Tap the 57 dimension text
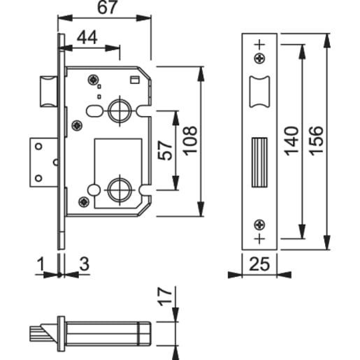165,150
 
